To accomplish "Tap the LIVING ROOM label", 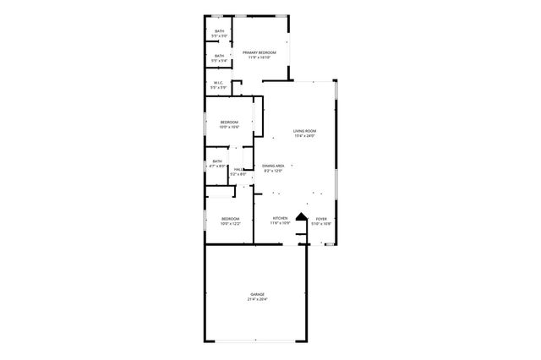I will [304, 131].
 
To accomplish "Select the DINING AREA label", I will [272, 166].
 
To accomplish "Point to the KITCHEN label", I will [280, 219].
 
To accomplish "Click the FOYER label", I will [321, 219].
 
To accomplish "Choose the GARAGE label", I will [257, 294].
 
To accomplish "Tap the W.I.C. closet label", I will [219, 83].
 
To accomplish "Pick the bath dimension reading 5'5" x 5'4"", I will [220, 61].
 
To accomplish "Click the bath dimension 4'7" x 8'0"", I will [218, 166].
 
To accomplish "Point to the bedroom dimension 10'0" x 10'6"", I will [230, 128].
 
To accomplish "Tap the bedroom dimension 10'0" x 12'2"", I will [231, 224].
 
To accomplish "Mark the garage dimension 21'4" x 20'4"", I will [257, 299].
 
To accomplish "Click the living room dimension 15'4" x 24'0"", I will [304, 136].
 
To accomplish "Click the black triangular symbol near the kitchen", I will [298, 217].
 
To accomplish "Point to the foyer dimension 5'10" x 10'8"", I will [321, 224].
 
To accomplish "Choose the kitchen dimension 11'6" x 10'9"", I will [280, 224].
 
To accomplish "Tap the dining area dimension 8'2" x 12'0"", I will [272, 171].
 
